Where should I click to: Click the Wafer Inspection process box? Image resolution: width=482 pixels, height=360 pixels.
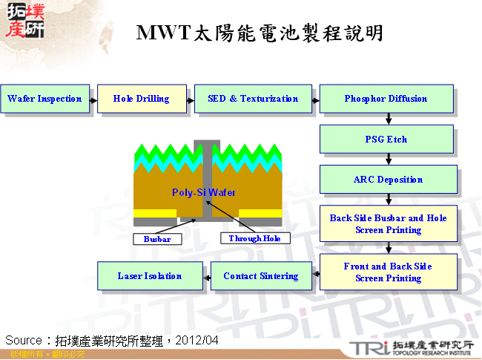[x=44, y=99]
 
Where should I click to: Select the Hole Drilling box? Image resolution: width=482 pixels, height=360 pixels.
[x=141, y=99]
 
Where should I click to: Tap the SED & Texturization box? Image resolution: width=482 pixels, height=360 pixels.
[x=253, y=99]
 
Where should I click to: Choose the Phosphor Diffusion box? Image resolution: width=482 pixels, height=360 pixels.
[x=386, y=99]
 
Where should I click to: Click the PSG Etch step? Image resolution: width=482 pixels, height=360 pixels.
[x=386, y=139]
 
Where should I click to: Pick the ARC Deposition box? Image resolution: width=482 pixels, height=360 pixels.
[x=387, y=179]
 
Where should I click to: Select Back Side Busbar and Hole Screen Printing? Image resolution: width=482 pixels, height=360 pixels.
[x=387, y=224]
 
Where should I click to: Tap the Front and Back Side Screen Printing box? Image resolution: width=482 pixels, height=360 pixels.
[x=387, y=272]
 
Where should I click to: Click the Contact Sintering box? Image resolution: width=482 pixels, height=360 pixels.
[x=260, y=276]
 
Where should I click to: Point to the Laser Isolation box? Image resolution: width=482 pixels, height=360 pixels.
[x=150, y=276]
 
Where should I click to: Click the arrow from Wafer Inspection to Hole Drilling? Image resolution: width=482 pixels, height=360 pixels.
[x=93, y=99]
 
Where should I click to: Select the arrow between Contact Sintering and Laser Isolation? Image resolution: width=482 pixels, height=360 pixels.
[x=206, y=276]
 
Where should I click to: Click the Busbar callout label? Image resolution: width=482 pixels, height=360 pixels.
[x=156, y=239]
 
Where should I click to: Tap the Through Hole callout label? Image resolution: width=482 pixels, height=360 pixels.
[x=255, y=239]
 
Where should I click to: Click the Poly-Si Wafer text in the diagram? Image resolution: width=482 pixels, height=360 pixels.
[x=203, y=192]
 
